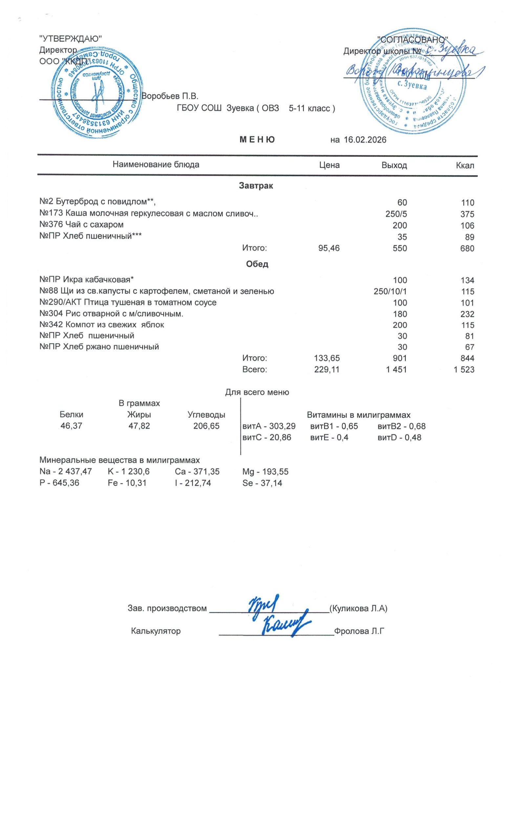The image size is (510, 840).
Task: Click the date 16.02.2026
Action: tap(365, 140)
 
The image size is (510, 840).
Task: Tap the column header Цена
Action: tap(329, 165)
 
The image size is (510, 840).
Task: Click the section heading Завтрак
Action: tap(256, 186)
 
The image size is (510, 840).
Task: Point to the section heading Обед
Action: tap(257, 264)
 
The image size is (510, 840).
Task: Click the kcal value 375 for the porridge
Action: tap(467, 214)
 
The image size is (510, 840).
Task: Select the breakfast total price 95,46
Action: tap(329, 248)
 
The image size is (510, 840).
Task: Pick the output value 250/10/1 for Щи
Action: tap(390, 291)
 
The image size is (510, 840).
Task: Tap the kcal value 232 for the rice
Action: tap(467, 314)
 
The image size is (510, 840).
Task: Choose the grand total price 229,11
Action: tap(327, 369)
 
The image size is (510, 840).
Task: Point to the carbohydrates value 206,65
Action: tap(206, 426)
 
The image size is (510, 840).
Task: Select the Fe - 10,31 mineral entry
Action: tap(127, 483)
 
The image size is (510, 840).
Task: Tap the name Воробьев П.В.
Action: tap(169, 96)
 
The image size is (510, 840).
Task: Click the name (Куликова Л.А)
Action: tap(358, 609)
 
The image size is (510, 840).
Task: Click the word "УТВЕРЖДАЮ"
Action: tap(71, 39)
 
